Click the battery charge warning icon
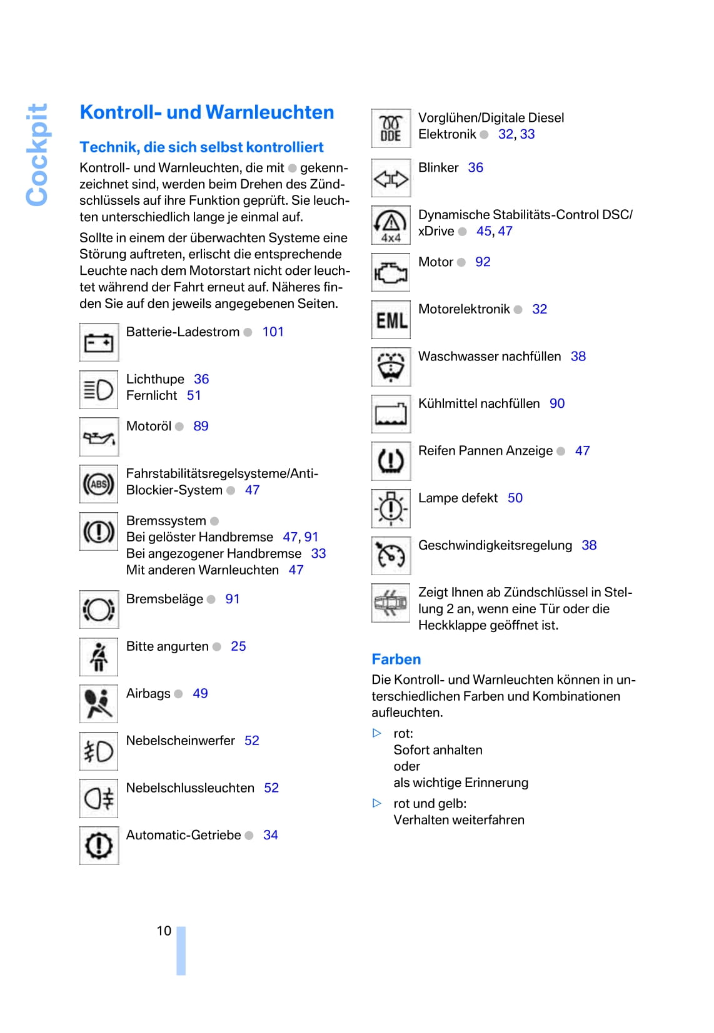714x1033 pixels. (99, 342)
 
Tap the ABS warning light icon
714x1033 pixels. (99, 484)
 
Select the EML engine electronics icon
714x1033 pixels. (391, 320)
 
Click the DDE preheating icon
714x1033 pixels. (391, 129)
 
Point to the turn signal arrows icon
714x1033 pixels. (391, 179)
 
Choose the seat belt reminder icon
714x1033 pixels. (99, 657)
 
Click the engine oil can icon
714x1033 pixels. (99, 437)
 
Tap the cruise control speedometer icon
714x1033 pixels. (391, 556)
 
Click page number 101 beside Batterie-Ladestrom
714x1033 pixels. (273, 332)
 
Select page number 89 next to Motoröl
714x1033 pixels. (201, 426)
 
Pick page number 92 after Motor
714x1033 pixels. (483, 262)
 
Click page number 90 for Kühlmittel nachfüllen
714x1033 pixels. (557, 403)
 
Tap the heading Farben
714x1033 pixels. (396, 659)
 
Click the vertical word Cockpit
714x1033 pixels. (37, 154)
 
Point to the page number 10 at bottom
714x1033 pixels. (164, 931)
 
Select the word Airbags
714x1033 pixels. (148, 693)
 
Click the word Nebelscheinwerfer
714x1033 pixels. (180, 740)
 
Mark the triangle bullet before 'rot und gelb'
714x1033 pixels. (377, 803)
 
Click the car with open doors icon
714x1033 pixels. (391, 603)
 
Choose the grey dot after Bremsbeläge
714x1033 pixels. (211, 600)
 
